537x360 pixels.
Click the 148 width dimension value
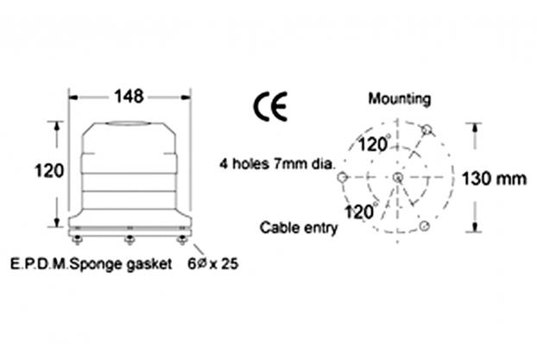(x=129, y=97)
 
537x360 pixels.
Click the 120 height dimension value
(x=49, y=171)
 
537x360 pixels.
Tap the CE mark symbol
(x=270, y=106)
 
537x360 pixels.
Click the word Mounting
(x=400, y=99)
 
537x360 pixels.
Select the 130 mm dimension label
(x=494, y=179)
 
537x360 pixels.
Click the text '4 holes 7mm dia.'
(x=277, y=164)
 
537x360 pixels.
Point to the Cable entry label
(x=299, y=228)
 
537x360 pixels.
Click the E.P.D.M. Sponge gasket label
(x=92, y=264)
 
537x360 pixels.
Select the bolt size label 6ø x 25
(x=212, y=264)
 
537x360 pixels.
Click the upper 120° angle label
(x=374, y=144)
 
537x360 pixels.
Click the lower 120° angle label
(x=360, y=212)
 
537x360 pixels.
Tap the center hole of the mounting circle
(x=398, y=178)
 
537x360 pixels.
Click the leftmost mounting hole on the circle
(x=343, y=178)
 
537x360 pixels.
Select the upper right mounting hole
(x=426, y=129)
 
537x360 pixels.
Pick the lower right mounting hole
(x=425, y=225)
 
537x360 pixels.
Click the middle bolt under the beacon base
(x=130, y=240)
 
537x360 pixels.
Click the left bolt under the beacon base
(x=78, y=240)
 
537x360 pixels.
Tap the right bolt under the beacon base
(x=182, y=240)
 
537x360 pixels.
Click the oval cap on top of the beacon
(x=128, y=123)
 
